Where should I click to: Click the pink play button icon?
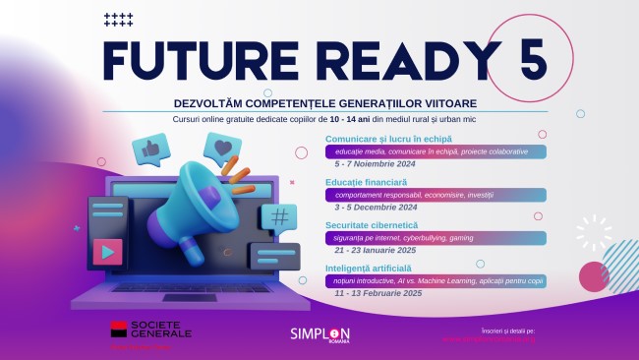103,251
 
